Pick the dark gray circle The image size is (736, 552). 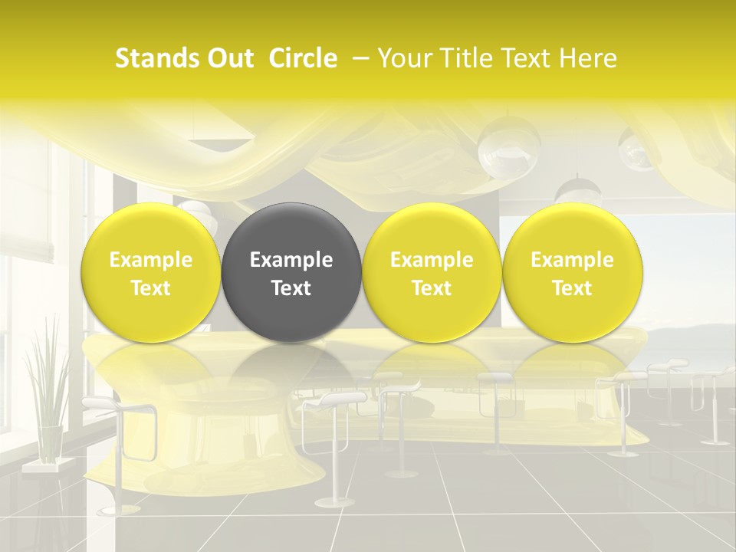coord(291,272)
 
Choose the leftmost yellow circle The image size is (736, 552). coord(151,272)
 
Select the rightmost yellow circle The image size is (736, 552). coord(572,272)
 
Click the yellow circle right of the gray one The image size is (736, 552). coord(432,272)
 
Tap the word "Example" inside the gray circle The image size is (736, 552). coord(291,260)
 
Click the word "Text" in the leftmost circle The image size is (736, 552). coord(151,288)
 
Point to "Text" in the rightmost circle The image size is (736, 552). coord(572,288)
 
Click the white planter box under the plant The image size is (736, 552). coord(43,465)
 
